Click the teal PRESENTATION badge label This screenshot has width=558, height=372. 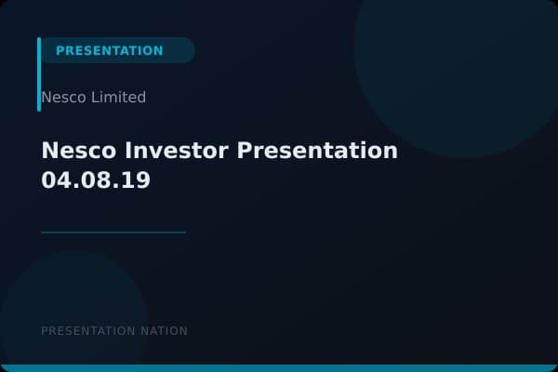(109, 50)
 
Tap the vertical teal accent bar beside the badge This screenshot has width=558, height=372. (39, 74)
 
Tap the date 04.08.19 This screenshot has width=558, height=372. (96, 180)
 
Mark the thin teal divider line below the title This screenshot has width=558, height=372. (113, 232)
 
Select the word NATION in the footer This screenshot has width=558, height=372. (165, 331)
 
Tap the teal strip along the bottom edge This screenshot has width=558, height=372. (279, 368)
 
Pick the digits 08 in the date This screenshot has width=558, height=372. (96, 180)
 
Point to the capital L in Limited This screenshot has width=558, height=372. (94, 97)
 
